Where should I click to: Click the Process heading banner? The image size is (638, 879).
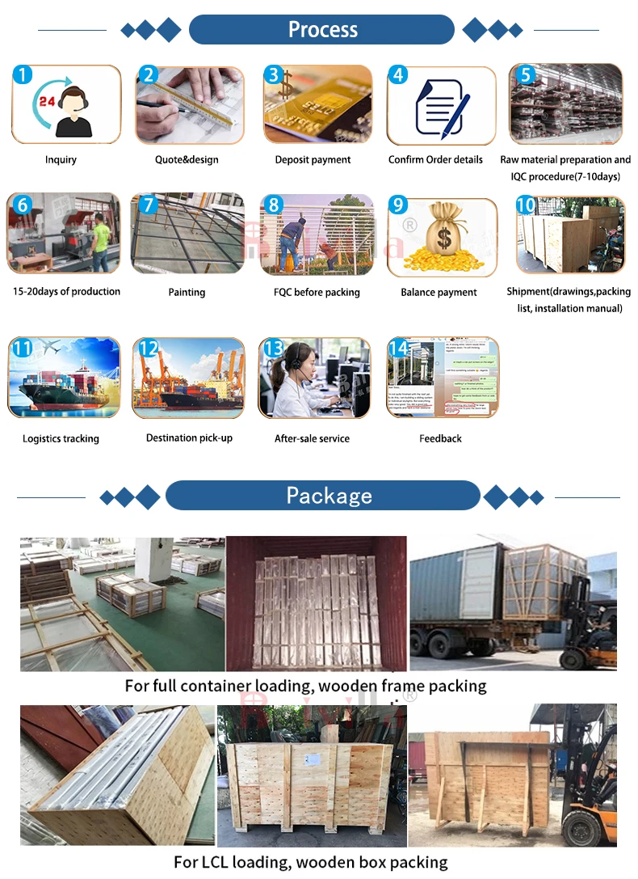click(x=321, y=30)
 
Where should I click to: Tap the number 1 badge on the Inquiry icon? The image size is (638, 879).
click(x=23, y=75)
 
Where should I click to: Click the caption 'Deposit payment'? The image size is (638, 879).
click(x=313, y=160)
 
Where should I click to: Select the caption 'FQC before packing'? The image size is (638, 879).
click(x=317, y=292)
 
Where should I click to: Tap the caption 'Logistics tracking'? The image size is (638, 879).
click(x=61, y=438)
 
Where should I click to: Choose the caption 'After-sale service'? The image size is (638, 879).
click(x=312, y=438)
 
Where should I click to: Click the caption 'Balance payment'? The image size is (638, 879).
click(x=439, y=292)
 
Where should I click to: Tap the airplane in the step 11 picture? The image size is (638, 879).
click(x=52, y=349)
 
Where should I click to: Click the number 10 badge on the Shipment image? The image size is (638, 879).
click(x=525, y=205)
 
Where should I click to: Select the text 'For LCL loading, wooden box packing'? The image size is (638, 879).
click(x=311, y=862)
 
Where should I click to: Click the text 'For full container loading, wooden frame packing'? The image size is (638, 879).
click(x=305, y=686)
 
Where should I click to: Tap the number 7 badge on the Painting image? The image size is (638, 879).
click(x=148, y=205)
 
